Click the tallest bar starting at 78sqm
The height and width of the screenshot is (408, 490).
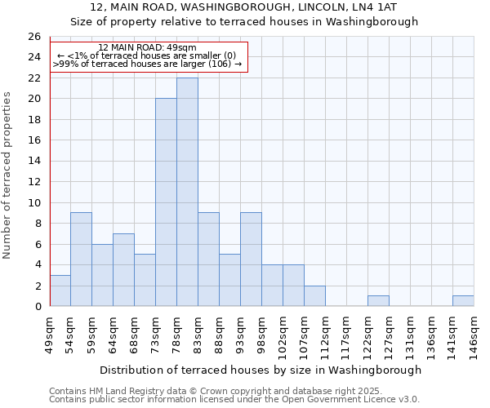coord(187,192)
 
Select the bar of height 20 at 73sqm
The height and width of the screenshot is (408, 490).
coord(166,202)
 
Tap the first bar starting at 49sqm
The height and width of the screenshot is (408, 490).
coord(60,290)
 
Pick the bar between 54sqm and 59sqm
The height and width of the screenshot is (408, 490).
coord(81,259)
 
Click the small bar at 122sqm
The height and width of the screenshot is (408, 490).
coord(378,301)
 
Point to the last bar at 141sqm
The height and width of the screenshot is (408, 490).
coord(463,301)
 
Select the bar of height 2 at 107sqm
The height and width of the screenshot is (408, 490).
coord(314,296)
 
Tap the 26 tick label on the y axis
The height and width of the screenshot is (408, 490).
coord(33,37)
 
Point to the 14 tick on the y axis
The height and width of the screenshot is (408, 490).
coord(33,162)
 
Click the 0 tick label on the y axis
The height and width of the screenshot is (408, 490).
coord(37,307)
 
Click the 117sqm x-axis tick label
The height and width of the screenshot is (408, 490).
coord(346,334)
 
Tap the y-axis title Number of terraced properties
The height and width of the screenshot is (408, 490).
coord(8,175)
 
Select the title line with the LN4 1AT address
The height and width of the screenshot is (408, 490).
coord(245,7)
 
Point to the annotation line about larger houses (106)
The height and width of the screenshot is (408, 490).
coord(147,64)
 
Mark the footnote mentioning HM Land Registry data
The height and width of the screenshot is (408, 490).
coord(216,391)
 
